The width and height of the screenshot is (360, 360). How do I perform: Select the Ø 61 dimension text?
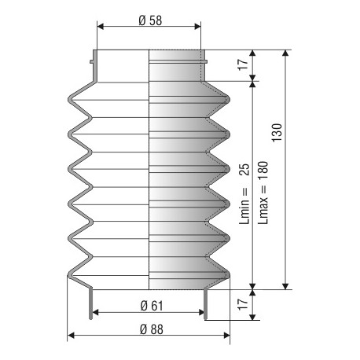point(150,305)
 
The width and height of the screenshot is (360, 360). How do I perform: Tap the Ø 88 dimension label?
point(150,329)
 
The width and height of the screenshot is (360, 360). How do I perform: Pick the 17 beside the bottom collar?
point(242,301)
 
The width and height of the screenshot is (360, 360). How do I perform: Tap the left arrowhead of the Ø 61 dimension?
point(96,312)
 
